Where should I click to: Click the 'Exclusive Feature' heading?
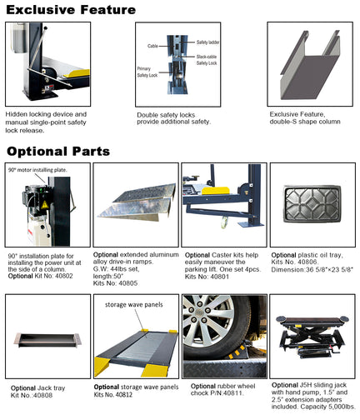point(71,10)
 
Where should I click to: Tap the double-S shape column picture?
point(307,65)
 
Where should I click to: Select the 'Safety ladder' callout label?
point(207,41)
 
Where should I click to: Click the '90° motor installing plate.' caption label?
point(37,169)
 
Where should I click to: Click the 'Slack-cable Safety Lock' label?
point(207,59)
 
